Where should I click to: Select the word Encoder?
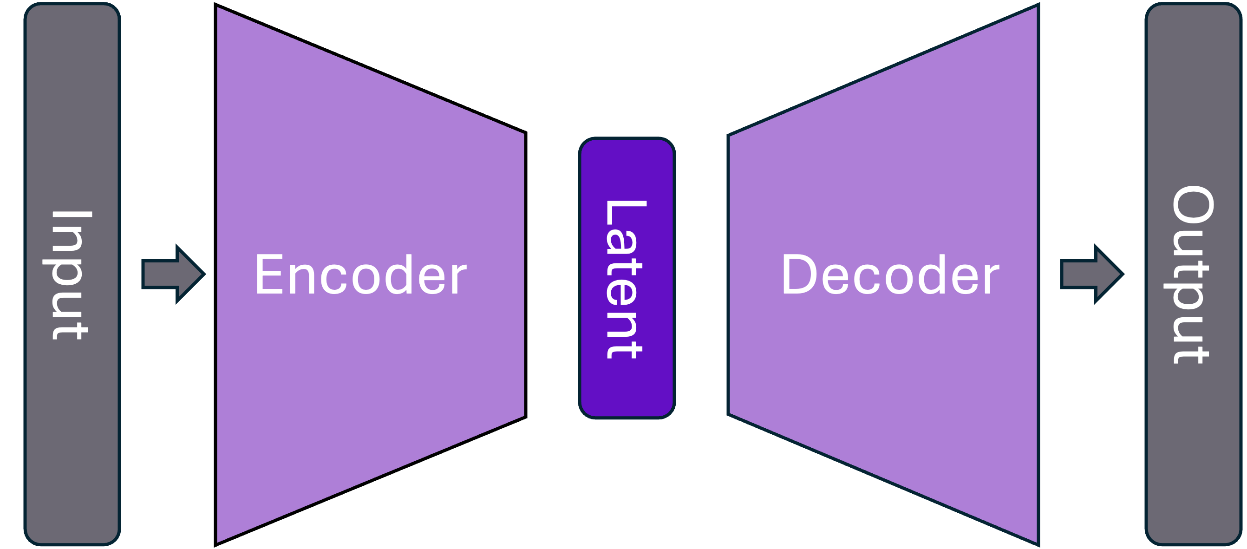coord(361,275)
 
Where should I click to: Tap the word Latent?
coord(626,279)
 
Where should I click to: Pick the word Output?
coord(1192,274)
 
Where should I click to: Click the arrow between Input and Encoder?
coord(172,274)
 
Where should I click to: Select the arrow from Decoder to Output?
coord(1090,274)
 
